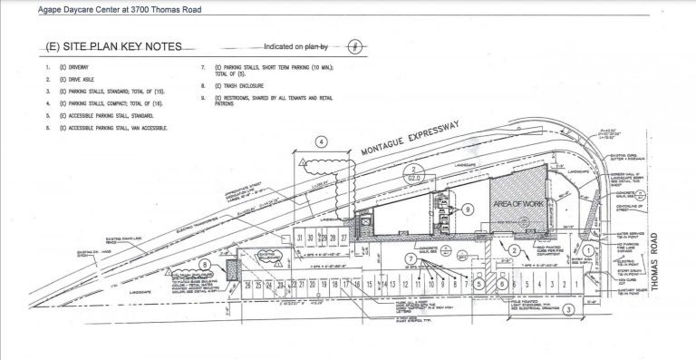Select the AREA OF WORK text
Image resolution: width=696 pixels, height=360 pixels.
point(516,206)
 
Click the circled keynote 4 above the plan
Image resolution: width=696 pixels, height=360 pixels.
point(321,141)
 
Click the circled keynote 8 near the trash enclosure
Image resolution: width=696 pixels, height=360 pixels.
point(206,266)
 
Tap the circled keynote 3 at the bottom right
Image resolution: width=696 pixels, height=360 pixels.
point(566,309)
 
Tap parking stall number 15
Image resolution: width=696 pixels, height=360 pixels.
point(370,287)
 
